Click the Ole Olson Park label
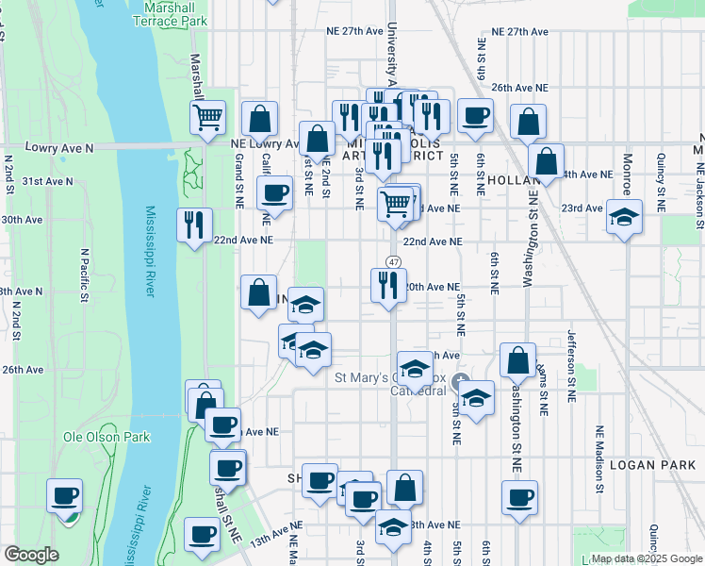tap(93, 438)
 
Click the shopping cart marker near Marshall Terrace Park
tap(207, 118)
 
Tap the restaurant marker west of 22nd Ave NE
tap(194, 225)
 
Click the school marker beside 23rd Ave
tap(624, 218)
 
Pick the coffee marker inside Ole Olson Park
tap(65, 496)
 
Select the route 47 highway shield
tap(394, 261)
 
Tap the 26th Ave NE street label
tap(518, 86)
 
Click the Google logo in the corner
tap(31, 555)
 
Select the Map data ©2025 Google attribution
tap(647, 558)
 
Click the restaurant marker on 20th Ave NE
tap(388, 286)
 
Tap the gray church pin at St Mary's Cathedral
tap(461, 382)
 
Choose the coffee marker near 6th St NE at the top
tap(475, 116)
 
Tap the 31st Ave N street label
tap(47, 180)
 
